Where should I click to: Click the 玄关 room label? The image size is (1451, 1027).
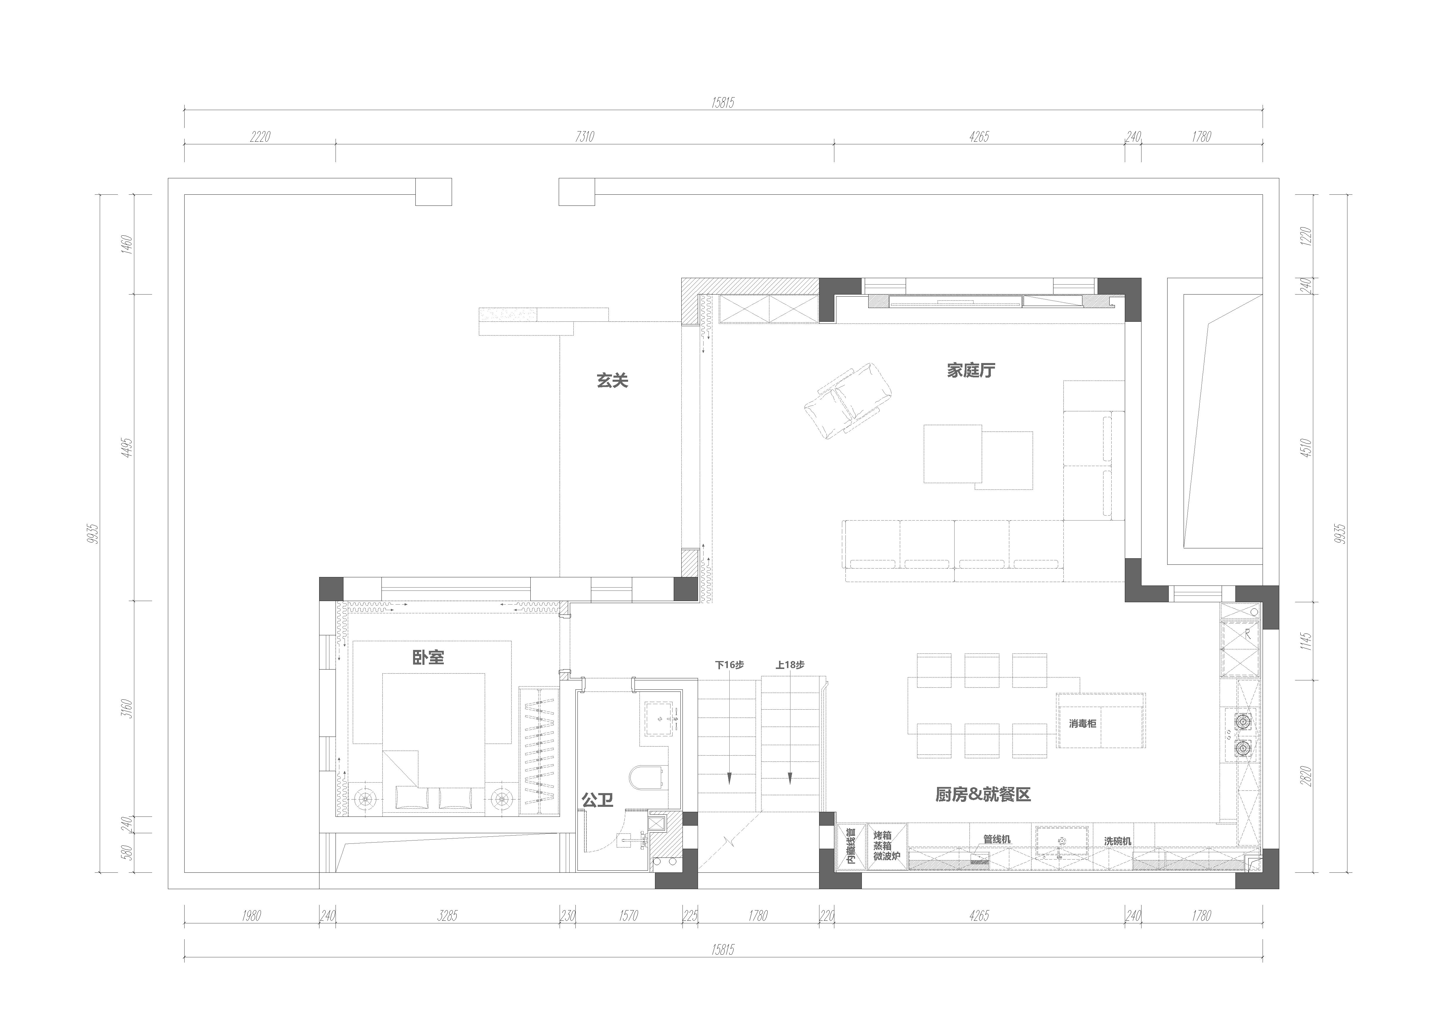pyautogui.click(x=612, y=381)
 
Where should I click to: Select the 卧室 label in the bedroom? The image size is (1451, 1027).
pyautogui.click(x=429, y=658)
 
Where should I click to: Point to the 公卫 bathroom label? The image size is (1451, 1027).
pyautogui.click(x=597, y=800)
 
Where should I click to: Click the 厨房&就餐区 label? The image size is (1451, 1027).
pyautogui.click(x=983, y=795)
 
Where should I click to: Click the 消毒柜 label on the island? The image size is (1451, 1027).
pyautogui.click(x=1083, y=723)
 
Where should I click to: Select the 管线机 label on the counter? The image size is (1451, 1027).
pyautogui.click(x=997, y=839)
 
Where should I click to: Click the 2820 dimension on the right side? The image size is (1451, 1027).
pyautogui.click(x=1306, y=776)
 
